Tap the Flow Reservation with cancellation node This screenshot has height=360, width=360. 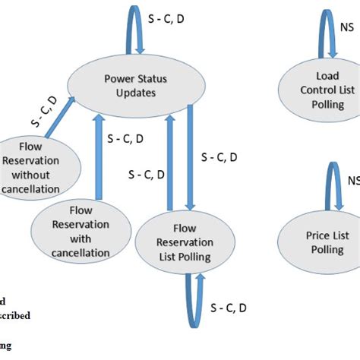click(79, 230)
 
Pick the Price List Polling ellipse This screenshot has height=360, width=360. click(317, 242)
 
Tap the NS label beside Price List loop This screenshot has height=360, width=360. click(352, 181)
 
